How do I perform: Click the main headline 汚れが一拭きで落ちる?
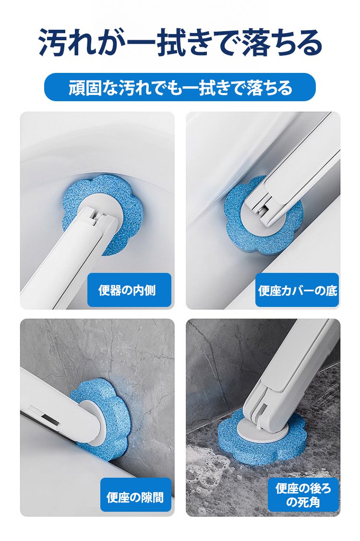pyautogui.click(x=180, y=42)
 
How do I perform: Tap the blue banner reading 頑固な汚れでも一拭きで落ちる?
pyautogui.click(x=180, y=87)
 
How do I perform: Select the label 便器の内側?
pyautogui.click(x=129, y=290)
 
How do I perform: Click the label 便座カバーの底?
pyautogui.click(x=297, y=290)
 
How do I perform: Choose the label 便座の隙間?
pyautogui.click(x=136, y=495)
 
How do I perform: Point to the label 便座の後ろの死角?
pyautogui.click(x=303, y=495)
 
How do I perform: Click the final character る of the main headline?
pyautogui.click(x=308, y=43)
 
